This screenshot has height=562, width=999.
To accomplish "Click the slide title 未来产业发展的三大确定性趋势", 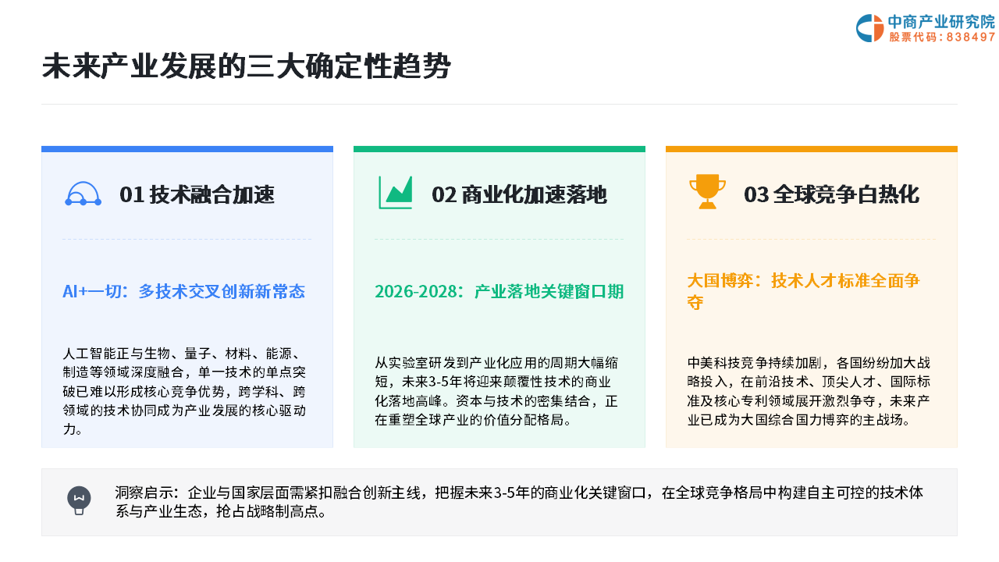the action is click(x=246, y=66).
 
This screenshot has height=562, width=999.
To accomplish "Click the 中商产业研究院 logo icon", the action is click(x=869, y=28).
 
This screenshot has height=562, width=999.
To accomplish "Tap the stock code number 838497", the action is click(x=970, y=37).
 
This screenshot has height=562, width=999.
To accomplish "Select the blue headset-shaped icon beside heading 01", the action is click(x=83, y=194).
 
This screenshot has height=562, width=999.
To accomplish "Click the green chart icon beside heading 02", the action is click(x=396, y=192).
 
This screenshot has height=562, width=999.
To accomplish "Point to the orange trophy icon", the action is click(x=707, y=191).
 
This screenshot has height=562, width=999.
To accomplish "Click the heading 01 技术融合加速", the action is click(x=197, y=194).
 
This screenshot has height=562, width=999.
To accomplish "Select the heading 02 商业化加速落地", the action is click(x=519, y=194).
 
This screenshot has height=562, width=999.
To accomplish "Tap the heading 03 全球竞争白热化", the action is click(x=831, y=194).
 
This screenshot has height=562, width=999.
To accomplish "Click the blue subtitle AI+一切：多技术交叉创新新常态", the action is click(x=183, y=292).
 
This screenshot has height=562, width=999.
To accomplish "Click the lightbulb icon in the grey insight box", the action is click(x=79, y=500).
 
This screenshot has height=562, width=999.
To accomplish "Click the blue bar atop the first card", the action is click(x=187, y=149).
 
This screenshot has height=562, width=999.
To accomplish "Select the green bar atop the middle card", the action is click(x=499, y=149).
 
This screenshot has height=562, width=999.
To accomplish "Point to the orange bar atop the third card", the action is click(x=812, y=149).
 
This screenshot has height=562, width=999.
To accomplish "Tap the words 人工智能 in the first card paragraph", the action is click(x=89, y=354).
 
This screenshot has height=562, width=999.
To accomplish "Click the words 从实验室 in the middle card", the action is click(x=395, y=363).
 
